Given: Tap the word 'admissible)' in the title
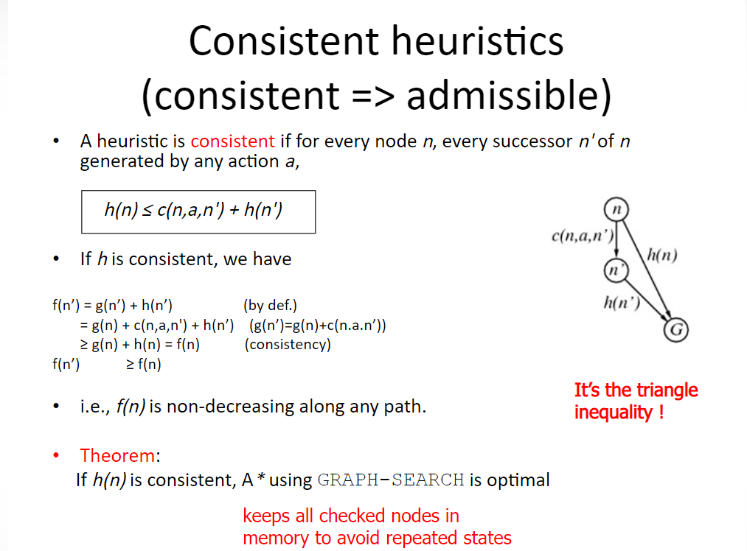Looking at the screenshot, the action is coord(509,96).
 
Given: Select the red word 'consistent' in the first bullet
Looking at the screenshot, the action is coord(232,141).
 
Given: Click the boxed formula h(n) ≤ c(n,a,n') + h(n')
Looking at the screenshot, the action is coord(198,211).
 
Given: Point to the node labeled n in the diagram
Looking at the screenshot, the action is coord(616,209).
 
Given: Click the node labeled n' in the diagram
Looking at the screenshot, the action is coord(616,270).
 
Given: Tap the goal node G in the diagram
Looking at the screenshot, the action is coord(676,330).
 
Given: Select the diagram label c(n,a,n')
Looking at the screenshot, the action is coord(583,236).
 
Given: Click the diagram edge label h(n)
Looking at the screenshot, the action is coord(661,255).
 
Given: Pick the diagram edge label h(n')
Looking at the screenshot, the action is coord(622,302).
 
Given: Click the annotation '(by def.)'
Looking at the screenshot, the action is coord(270,305).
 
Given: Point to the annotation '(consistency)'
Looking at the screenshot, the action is coord(288,344).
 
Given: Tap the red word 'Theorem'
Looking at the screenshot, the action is coord(117,455).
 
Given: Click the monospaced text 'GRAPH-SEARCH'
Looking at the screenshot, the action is coord(391,480).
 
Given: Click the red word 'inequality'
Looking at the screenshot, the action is coord(613,413).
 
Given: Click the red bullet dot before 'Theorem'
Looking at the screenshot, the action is coord(56,455).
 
